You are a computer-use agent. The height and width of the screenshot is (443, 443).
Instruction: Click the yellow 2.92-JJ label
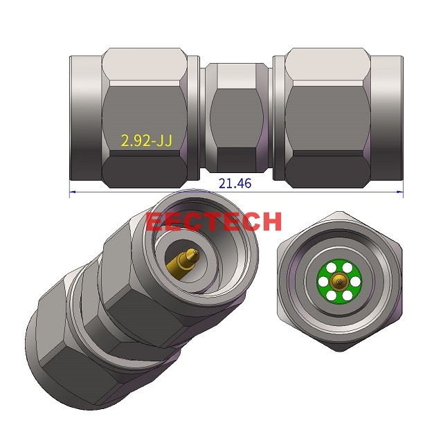[146, 141]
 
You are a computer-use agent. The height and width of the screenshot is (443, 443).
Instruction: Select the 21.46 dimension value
[235, 184]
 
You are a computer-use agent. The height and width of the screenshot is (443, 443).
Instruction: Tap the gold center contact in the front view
[338, 281]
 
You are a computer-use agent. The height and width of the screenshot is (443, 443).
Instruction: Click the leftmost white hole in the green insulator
[325, 281]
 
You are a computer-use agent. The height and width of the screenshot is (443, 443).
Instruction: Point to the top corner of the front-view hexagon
[338, 212]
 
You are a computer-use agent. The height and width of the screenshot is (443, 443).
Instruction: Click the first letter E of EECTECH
[154, 221]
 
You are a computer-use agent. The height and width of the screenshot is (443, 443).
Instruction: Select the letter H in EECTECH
[271, 221]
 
